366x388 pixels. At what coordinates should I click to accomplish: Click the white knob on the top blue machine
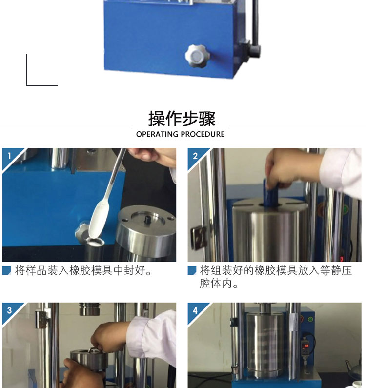coord(197,56)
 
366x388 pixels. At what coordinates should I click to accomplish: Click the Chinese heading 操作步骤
coord(182,119)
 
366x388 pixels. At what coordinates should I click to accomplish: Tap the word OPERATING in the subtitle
coord(157,134)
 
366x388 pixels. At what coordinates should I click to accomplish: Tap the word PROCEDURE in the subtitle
coord(203,134)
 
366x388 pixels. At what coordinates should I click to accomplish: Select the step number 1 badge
coord(9,156)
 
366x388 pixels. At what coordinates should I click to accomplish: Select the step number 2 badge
coord(195,156)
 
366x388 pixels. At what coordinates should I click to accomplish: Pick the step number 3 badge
coord(9,310)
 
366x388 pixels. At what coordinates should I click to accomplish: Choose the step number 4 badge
coord(195,310)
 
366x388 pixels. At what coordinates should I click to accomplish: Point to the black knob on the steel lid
coord(148,219)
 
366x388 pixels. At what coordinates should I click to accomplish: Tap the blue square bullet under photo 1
coord(7,270)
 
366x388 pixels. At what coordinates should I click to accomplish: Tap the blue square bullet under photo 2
coord(192,270)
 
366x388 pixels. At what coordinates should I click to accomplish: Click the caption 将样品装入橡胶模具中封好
coord(83,270)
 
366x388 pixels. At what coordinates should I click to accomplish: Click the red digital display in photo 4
coord(306,346)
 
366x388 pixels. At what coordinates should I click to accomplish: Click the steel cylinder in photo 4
coord(265,344)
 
